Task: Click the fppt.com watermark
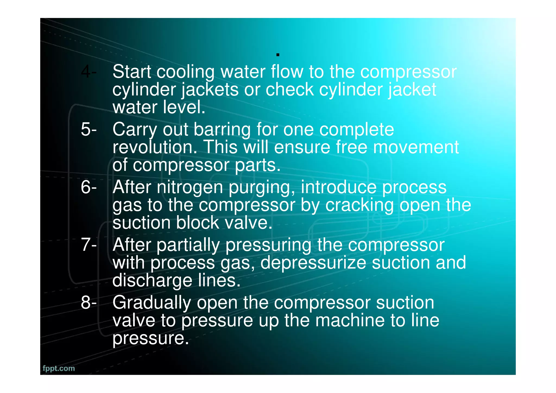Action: [59, 368]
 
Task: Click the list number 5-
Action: [89, 130]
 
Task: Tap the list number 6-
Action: [89, 187]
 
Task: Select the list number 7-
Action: [89, 245]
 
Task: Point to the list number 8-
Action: [89, 303]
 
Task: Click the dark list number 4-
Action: [89, 72]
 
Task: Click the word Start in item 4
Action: [132, 72]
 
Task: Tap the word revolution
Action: [155, 147]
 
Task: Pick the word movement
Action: [416, 147]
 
